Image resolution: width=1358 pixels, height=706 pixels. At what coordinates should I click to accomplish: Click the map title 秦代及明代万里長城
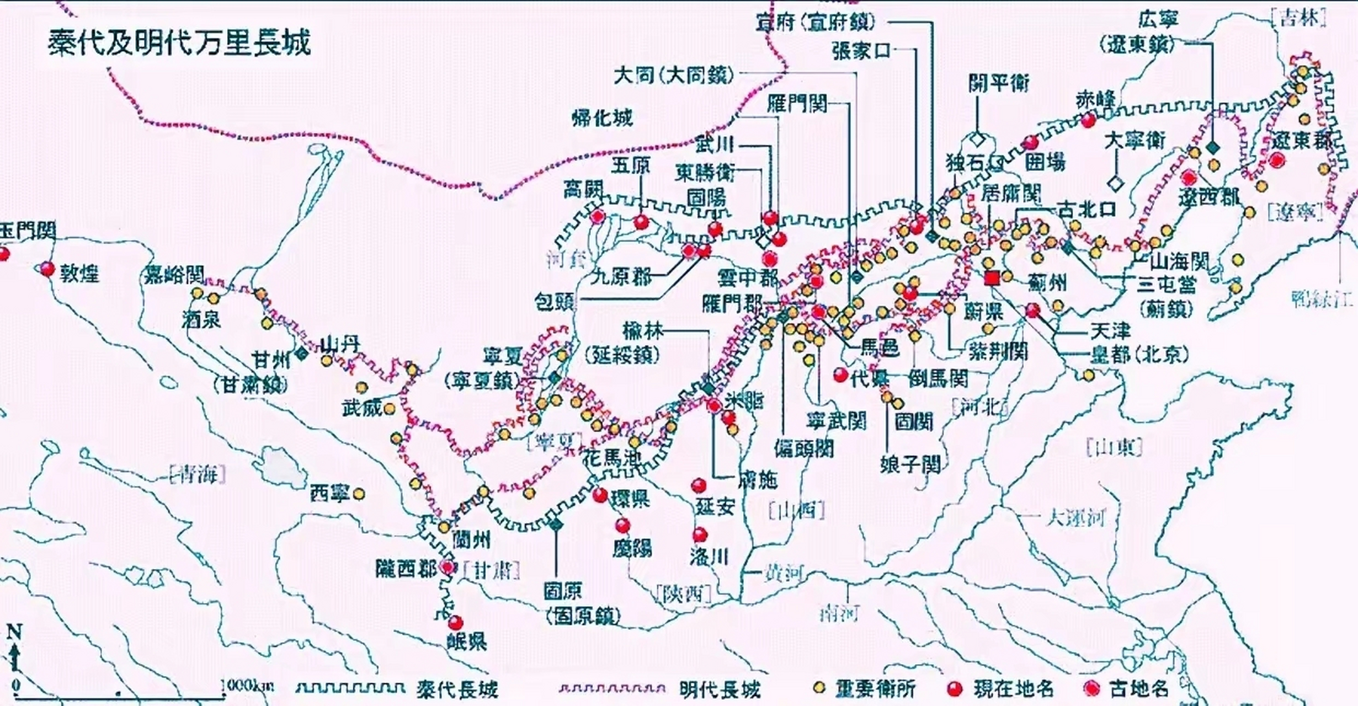click(179, 42)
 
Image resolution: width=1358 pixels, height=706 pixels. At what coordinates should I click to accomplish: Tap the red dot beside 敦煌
click(47, 269)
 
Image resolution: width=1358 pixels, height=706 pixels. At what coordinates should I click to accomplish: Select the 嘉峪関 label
click(174, 274)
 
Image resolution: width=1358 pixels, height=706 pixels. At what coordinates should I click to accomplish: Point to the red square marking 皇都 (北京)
click(992, 278)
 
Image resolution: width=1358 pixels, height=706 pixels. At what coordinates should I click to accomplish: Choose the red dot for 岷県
click(455, 623)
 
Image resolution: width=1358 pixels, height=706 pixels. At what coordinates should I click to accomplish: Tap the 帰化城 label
click(601, 118)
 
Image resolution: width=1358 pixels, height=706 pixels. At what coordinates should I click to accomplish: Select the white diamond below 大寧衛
click(1116, 184)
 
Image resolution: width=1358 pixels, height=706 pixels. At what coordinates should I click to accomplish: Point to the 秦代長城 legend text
click(457, 688)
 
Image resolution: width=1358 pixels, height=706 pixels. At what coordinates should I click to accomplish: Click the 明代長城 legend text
click(720, 688)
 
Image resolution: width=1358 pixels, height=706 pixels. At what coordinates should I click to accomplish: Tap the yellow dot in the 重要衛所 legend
click(820, 687)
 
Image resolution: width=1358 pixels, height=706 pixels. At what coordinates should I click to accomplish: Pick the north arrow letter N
click(14, 632)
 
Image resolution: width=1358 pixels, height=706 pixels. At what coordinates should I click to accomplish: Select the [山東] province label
click(1114, 446)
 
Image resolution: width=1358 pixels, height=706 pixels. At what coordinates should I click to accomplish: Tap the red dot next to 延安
click(699, 485)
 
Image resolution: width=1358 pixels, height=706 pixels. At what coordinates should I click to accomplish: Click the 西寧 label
click(329, 494)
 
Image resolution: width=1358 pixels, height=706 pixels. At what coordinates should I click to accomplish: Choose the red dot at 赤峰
click(1088, 120)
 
